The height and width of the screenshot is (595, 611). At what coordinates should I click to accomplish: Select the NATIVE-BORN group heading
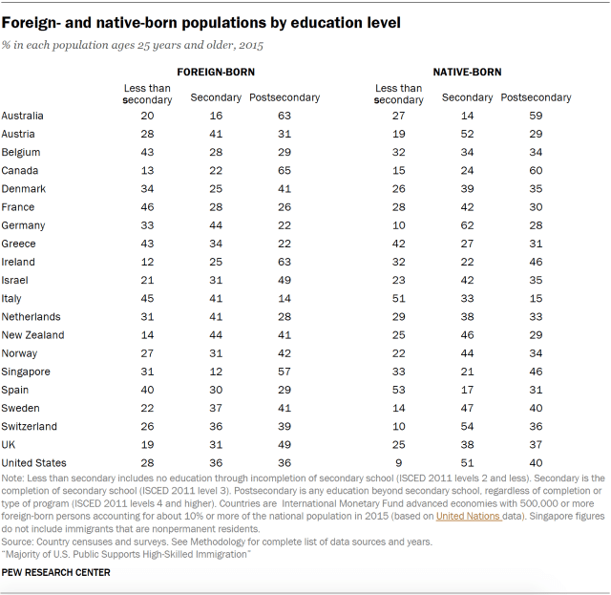467,72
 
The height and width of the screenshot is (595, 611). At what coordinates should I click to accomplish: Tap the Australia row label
23,117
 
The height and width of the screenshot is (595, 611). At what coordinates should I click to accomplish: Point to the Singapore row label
26,372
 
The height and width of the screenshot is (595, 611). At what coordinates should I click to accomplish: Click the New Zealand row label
32,335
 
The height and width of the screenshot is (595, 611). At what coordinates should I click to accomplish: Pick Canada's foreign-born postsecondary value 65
284,171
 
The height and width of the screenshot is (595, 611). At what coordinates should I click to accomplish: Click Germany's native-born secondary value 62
468,225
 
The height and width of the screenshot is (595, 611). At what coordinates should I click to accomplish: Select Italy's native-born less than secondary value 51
401,298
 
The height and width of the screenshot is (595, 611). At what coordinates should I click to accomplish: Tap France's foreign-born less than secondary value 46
148,207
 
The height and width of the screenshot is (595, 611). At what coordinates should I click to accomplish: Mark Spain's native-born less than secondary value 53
401,390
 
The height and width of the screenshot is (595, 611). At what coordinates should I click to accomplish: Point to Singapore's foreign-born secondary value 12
216,372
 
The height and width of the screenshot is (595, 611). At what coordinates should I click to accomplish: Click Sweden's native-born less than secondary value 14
401,408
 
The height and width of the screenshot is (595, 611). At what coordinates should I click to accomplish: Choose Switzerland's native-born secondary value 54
468,426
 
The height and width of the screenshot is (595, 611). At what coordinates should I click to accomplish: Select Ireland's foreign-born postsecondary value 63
284,262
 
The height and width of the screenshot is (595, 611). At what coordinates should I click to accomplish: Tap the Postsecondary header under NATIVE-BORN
536,97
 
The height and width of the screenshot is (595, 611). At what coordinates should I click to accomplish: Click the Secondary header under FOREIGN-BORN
216,97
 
